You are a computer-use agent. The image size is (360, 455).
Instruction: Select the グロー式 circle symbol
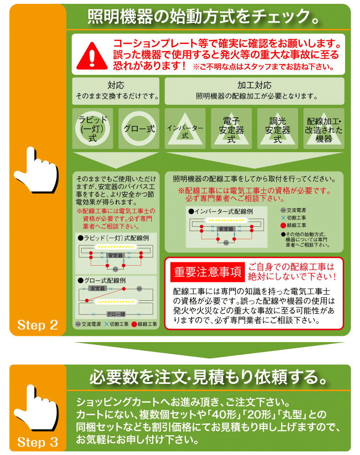(139, 128)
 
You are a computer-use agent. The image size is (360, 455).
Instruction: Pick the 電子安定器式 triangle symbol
(231, 129)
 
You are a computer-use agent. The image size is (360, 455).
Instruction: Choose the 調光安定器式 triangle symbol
(277, 129)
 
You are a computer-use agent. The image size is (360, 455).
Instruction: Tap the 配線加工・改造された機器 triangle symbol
(324, 129)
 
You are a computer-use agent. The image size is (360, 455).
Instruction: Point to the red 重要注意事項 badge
(208, 273)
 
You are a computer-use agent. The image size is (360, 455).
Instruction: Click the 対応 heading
(116, 86)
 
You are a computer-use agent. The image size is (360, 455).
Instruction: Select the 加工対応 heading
(254, 86)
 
